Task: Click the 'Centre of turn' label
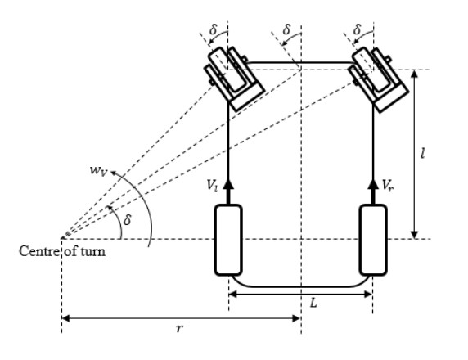62,251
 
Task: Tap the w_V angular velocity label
98,170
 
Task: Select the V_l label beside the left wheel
212,186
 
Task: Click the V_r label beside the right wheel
388,185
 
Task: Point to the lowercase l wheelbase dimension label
422,154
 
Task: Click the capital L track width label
313,304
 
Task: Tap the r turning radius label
179,328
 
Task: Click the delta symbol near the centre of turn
128,220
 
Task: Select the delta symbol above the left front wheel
214,29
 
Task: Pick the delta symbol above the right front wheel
357,29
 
